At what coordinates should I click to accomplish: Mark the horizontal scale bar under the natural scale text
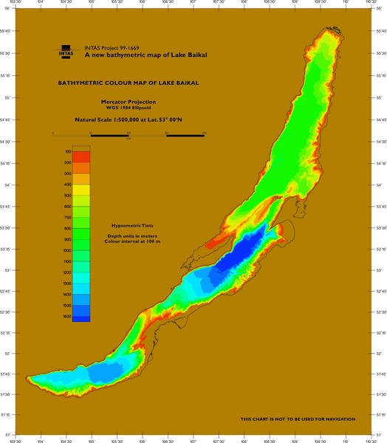(x=129, y=135)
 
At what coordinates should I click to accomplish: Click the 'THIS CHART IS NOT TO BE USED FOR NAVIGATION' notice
(x=298, y=419)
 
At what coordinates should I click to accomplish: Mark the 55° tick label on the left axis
(x=7, y=97)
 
